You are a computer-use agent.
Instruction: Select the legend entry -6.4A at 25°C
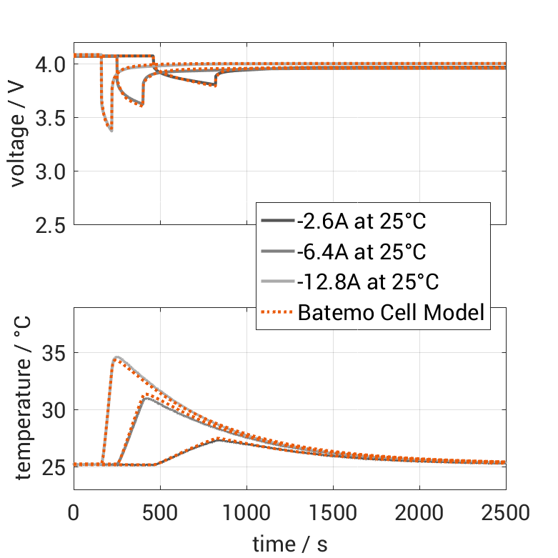click(x=361, y=251)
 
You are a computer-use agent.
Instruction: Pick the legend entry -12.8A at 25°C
click(x=368, y=282)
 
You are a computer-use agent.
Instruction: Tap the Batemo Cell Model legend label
click(x=392, y=312)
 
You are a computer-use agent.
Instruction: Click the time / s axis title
click(x=290, y=544)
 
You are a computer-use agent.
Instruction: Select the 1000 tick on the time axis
click(x=246, y=512)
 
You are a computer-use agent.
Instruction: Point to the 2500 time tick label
click(x=506, y=512)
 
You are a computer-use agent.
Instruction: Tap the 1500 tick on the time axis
click(x=333, y=512)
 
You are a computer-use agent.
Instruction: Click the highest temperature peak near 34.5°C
click(x=116, y=357)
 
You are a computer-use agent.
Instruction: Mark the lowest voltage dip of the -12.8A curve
click(x=111, y=130)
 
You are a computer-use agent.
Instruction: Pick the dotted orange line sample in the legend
click(x=277, y=312)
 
